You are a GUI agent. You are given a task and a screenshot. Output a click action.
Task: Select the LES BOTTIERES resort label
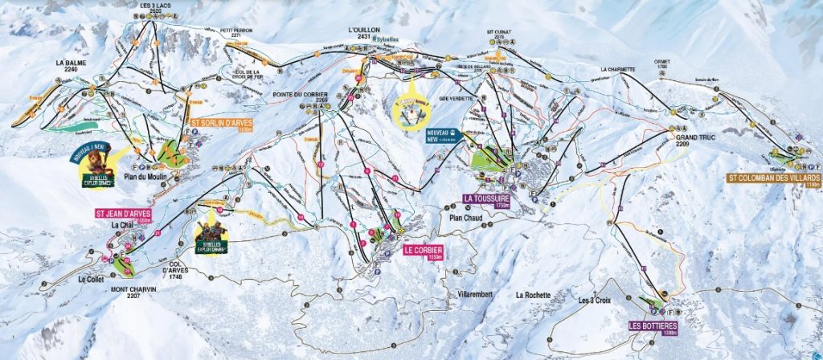point(653,326)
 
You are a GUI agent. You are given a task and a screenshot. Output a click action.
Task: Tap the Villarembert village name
point(475,294)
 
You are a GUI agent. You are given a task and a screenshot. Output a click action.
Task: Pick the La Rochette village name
point(533,295)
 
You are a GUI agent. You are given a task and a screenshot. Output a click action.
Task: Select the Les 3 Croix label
point(596,301)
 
